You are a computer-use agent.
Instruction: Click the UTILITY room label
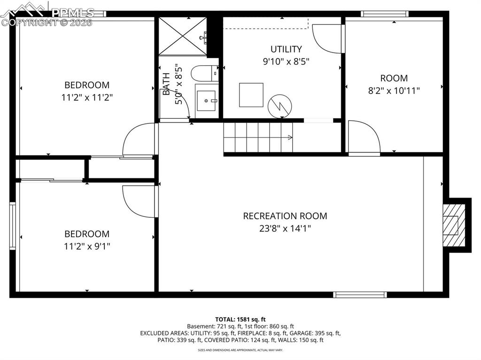(286, 49)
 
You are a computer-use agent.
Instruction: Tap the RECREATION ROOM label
(285, 216)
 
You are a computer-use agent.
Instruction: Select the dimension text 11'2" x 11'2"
(86, 97)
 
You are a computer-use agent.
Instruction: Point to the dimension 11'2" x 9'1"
(86, 245)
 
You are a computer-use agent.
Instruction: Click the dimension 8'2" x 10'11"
(394, 90)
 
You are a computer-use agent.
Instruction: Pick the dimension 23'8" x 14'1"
(285, 229)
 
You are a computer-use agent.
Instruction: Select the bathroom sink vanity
(206, 101)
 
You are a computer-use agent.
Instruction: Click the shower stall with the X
(182, 36)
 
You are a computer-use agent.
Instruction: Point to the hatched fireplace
(452, 225)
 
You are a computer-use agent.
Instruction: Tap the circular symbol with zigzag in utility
(279, 107)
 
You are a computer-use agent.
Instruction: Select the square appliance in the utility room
(251, 95)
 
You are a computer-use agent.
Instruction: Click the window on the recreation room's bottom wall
(360, 295)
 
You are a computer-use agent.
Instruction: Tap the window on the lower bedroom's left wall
(13, 225)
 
